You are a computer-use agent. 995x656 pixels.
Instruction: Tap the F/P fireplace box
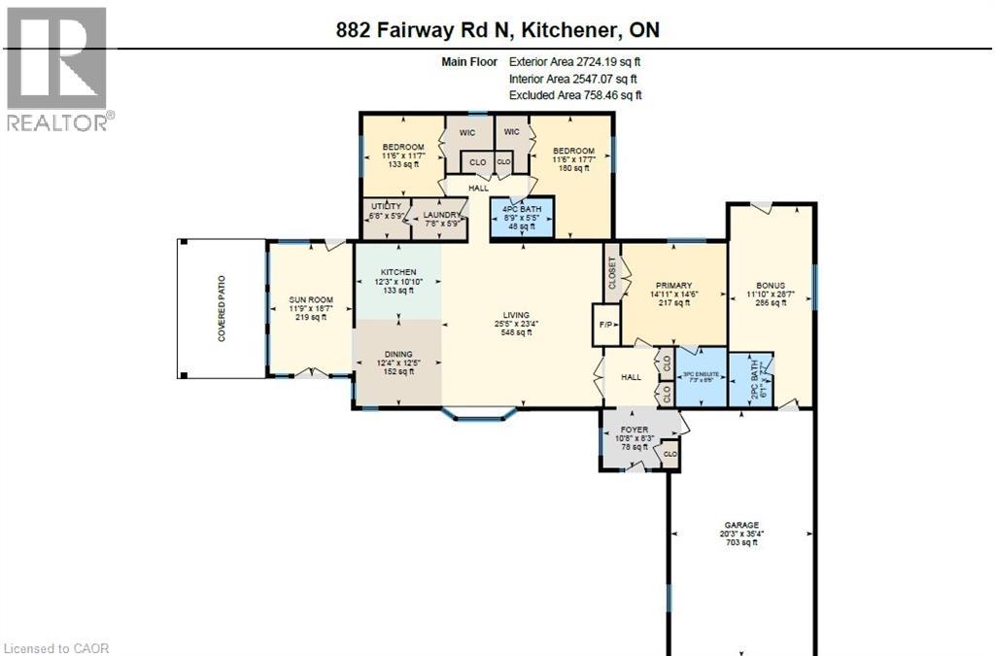point(605,325)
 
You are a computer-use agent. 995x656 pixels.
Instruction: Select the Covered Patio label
point(222,309)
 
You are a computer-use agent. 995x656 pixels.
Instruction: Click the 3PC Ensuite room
point(701,373)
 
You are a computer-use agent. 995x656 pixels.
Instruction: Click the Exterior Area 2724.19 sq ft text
point(574,61)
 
